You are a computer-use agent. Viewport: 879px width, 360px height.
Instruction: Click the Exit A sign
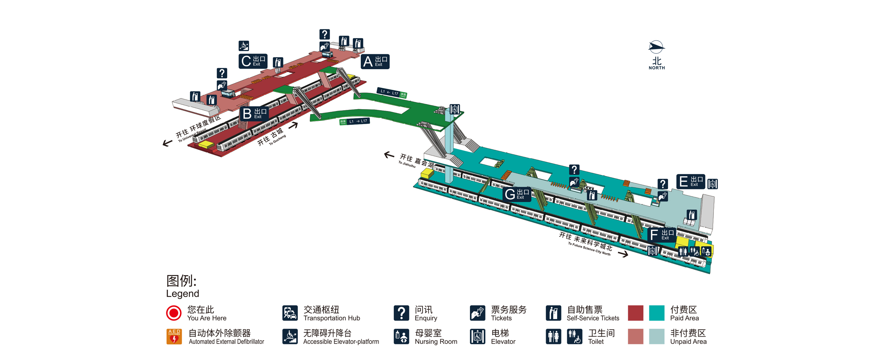[x=375, y=61]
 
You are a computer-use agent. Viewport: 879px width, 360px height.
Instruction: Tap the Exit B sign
[x=254, y=114]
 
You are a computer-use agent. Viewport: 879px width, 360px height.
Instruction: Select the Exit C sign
[x=253, y=61]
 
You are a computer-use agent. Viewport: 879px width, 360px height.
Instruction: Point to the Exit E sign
[x=690, y=181]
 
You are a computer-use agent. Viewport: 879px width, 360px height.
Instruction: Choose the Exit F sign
[x=661, y=235]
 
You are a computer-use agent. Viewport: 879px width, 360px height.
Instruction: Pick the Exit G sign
[x=516, y=194]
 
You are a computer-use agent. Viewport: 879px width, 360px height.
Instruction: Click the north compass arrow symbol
[x=656, y=47]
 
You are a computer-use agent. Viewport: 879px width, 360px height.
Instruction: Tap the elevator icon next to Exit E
[x=712, y=183]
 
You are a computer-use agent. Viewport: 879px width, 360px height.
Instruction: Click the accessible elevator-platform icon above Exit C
[x=244, y=45]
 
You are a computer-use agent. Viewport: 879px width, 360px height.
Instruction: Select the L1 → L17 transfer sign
[x=355, y=121]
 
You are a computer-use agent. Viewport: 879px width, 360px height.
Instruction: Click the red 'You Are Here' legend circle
[x=174, y=313]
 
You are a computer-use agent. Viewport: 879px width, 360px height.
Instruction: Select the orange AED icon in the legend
[x=174, y=337]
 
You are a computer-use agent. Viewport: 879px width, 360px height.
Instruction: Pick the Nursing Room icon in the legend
[x=401, y=337]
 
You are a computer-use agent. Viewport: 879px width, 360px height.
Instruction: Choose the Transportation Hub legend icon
[x=290, y=313]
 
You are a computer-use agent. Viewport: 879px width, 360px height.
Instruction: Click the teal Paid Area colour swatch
[x=656, y=313]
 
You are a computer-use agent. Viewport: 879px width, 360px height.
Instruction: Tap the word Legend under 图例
[x=182, y=294]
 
